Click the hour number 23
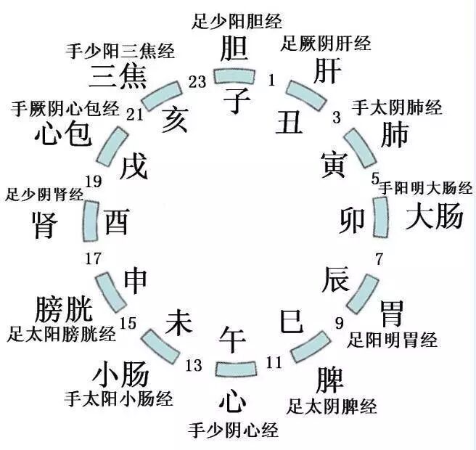[197, 82]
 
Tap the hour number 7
[379, 258]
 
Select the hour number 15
[128, 322]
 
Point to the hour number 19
[93, 181]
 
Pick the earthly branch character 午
[234, 338]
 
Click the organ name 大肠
[433, 216]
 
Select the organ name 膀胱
[64, 309]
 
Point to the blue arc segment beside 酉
[91, 221]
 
